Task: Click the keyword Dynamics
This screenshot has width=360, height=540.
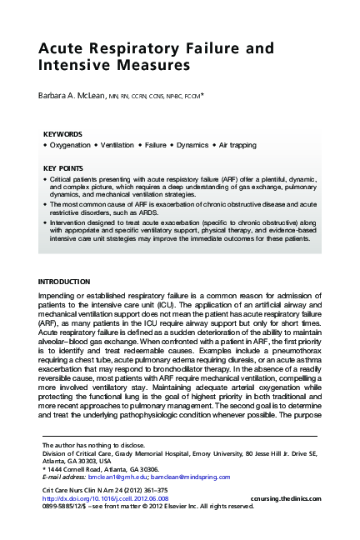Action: (209, 145)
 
